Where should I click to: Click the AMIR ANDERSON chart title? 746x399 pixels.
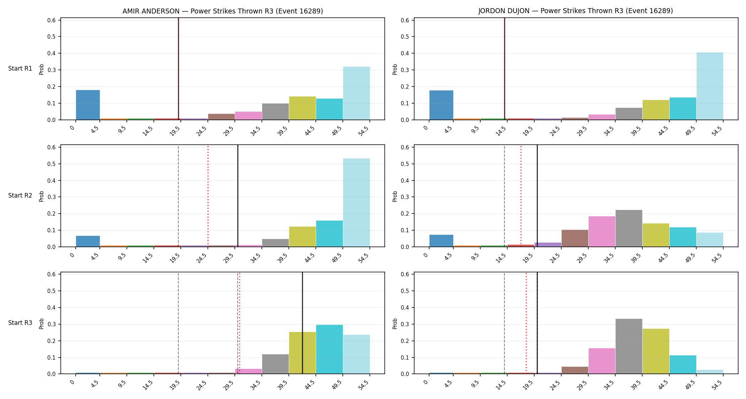pyautogui.click(x=223, y=11)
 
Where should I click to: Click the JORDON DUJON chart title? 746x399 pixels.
pyautogui.click(x=575, y=11)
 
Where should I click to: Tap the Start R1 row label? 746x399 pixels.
pyautogui.click(x=20, y=68)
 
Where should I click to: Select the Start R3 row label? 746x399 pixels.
pyautogui.click(x=20, y=323)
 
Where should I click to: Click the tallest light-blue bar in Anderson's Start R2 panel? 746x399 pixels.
pyautogui.click(x=356, y=203)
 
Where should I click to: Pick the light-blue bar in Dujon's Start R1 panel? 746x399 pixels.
pyautogui.click(x=710, y=86)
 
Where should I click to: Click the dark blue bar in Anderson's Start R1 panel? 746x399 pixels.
pyautogui.click(x=88, y=105)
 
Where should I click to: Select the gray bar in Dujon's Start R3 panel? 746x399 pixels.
pyautogui.click(x=629, y=346)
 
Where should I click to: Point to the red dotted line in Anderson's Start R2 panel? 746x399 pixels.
pyautogui.click(x=208, y=196)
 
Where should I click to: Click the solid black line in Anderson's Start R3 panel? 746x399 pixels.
pyautogui.click(x=302, y=323)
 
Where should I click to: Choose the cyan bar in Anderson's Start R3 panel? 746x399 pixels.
pyautogui.click(x=329, y=349)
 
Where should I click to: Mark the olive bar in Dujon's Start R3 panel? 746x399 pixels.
pyautogui.click(x=656, y=351)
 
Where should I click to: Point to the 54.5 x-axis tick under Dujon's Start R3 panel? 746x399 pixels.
pyautogui.click(x=717, y=385)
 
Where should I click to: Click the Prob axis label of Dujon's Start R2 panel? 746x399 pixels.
pyautogui.click(x=395, y=196)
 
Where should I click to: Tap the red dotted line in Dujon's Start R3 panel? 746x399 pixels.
pyautogui.click(x=526, y=323)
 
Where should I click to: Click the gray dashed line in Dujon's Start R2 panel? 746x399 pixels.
pyautogui.click(x=504, y=196)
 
